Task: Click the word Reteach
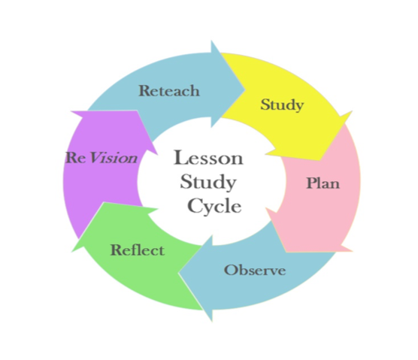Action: tap(169, 91)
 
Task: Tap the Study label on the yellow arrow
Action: tap(282, 104)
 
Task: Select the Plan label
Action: tap(323, 183)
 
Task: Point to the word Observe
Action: tap(255, 271)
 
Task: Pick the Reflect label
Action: tap(138, 250)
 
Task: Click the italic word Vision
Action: tap(113, 158)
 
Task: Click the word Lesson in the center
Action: tap(208, 158)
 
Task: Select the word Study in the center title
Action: tap(208, 183)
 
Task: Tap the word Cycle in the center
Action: tap(214, 206)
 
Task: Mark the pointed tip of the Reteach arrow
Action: tap(245, 89)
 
